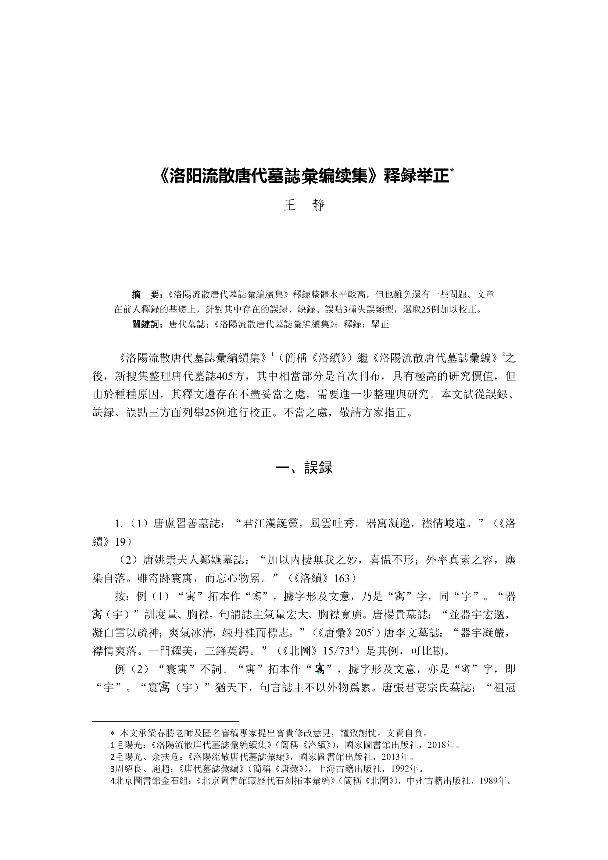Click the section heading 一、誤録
[x=304, y=467]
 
